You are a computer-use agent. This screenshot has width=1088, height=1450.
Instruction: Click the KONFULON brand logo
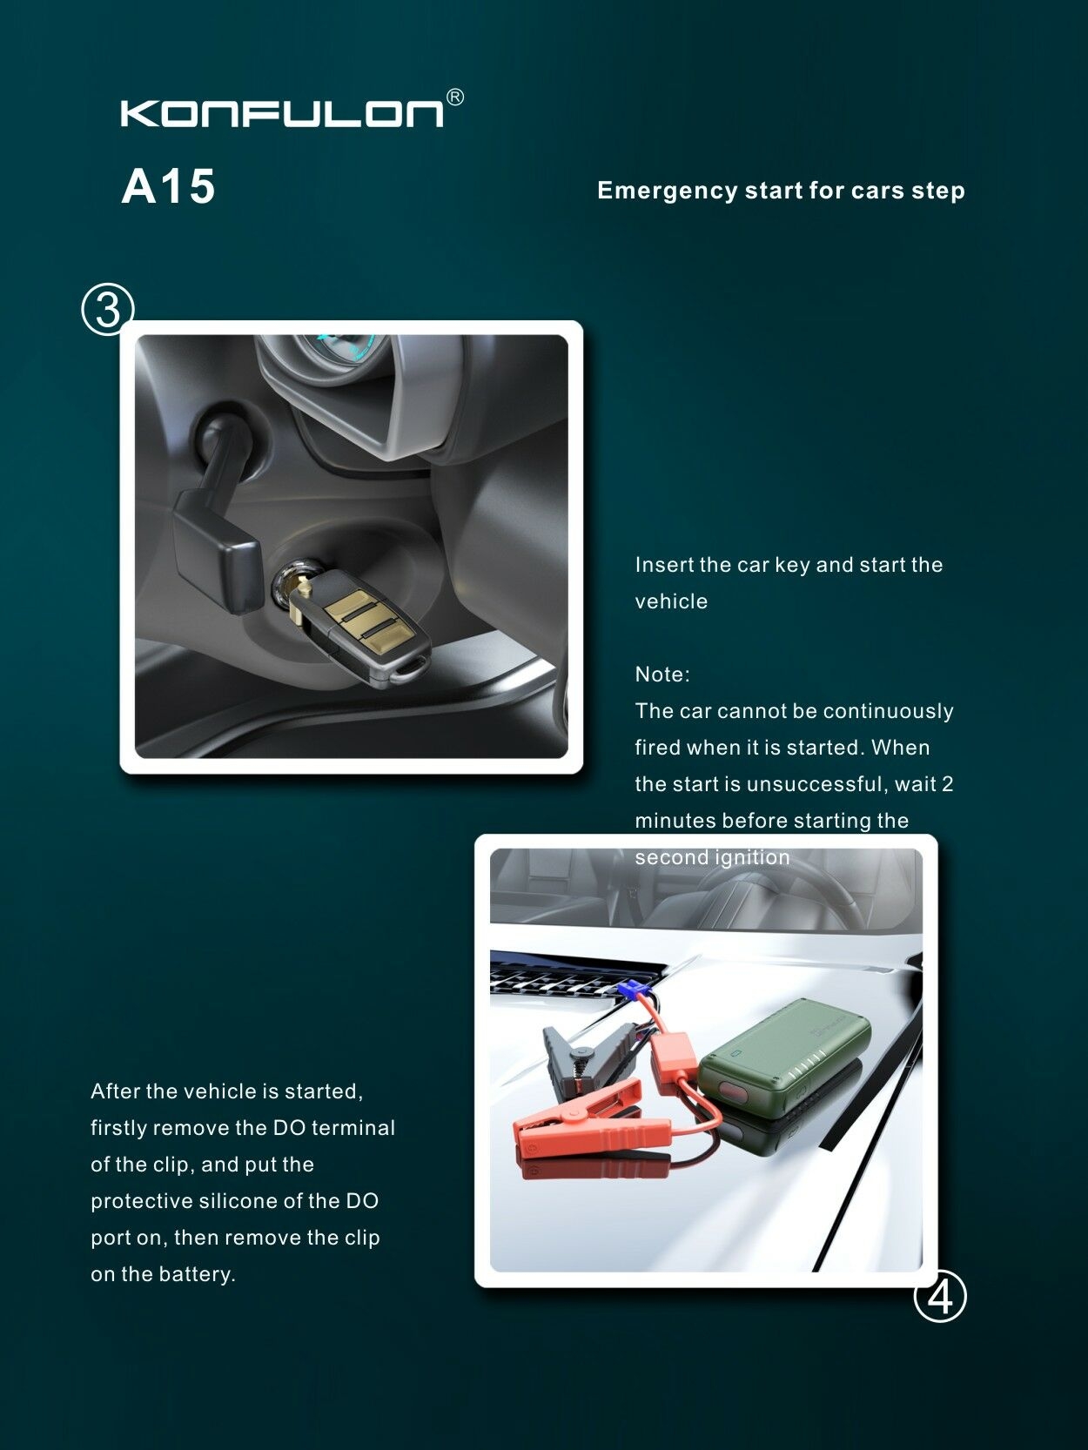pos(283,113)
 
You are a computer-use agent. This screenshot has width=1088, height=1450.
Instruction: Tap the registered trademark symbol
pos(455,97)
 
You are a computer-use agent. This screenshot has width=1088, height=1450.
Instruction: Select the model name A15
pos(169,186)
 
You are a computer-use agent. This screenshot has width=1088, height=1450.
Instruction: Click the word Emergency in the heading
pos(668,191)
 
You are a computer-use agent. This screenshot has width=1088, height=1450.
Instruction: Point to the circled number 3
pos(108,309)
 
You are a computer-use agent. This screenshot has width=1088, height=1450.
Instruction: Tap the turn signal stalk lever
pos(215,512)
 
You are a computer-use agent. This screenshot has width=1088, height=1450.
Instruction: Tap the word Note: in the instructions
pos(662,675)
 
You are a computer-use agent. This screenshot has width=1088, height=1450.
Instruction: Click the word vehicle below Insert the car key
pos(671,601)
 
